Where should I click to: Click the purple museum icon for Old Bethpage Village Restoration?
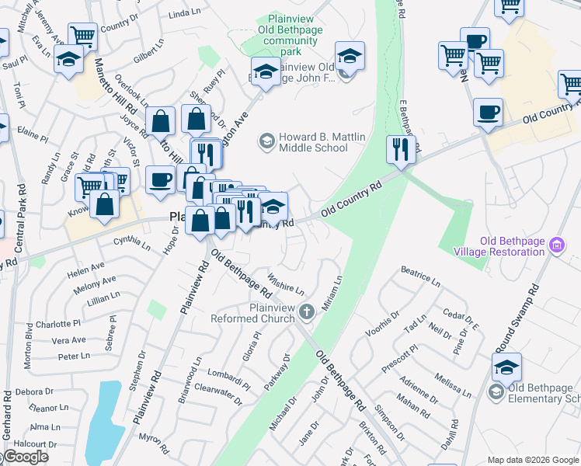pos(555,246)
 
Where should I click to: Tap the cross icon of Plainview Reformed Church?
pos(307,312)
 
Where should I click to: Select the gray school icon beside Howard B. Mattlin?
pos(266,141)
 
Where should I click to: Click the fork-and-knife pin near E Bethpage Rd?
pos(400,149)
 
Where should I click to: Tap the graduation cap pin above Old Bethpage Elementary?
pos(506,367)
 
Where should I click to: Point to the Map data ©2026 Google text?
pos(533,460)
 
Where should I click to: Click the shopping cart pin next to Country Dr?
pos(82,36)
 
